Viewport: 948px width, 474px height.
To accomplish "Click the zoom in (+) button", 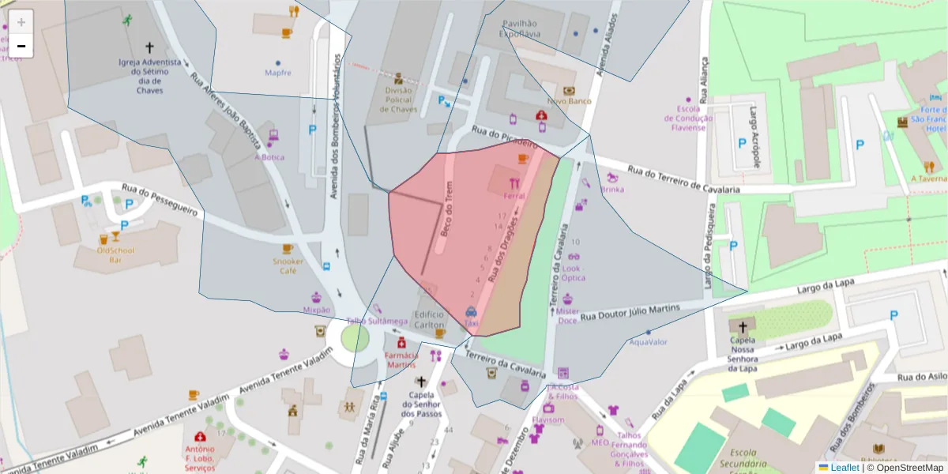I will pos(21,22).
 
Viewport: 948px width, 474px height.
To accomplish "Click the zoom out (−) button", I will pos(21,46).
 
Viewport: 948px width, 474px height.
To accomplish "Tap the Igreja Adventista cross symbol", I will pos(150,48).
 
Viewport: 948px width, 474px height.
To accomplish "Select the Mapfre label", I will pos(278,73).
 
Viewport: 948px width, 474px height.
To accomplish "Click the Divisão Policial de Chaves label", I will pos(398,100).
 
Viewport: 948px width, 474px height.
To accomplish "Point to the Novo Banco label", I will pos(569,101).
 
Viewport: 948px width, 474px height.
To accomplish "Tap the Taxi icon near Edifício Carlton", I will pos(471,312).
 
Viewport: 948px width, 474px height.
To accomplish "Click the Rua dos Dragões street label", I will pos(506,252).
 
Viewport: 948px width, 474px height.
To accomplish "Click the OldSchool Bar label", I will pos(115,255).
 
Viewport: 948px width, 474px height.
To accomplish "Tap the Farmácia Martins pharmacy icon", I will pos(401,343).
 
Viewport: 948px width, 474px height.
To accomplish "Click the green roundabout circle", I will pos(355,338).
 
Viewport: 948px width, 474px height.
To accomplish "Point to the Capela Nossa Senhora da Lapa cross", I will pos(742,326).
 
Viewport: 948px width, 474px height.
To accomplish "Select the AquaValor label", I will pos(648,342).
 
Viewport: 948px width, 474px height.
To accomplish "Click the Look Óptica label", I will pos(574,273).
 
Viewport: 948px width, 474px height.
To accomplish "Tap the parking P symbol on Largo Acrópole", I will pos(742,143).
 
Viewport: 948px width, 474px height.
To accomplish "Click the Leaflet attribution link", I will pos(844,468).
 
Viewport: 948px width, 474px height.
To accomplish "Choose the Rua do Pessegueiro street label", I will pos(159,200).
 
